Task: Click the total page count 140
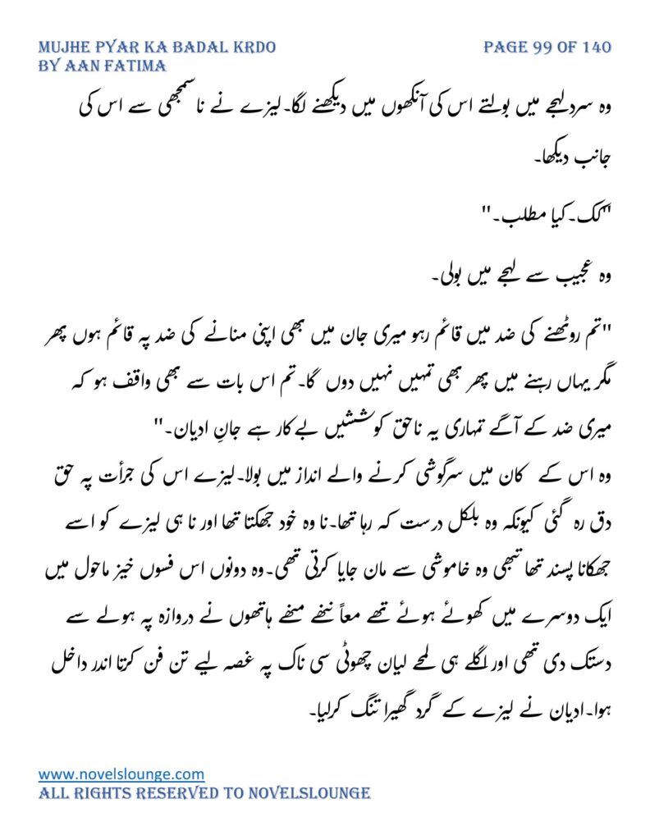coord(594,48)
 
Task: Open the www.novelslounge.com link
coord(121,774)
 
